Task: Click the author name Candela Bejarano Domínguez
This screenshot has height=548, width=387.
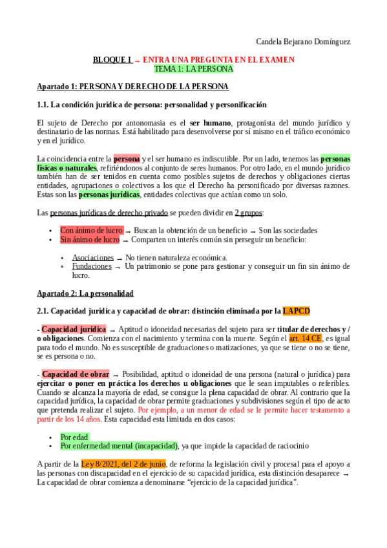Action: point(303,42)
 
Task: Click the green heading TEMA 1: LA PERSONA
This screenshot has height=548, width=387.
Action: point(193,68)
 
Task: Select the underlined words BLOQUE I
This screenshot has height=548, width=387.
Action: point(112,59)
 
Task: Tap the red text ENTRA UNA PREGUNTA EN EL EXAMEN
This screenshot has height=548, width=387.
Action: point(218,59)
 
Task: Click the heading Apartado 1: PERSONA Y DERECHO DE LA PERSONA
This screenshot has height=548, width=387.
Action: point(132,87)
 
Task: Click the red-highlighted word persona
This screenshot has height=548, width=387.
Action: point(127,158)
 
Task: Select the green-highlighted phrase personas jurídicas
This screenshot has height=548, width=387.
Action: point(109,195)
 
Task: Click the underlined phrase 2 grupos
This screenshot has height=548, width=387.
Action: point(249,213)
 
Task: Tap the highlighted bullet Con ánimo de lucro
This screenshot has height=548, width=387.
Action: point(91,230)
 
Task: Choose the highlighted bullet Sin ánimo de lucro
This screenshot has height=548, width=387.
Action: point(90,240)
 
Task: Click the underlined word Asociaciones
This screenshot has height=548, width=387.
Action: point(92,257)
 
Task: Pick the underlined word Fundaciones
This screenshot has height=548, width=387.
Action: point(91,266)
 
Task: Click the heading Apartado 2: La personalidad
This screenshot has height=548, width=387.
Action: point(85,293)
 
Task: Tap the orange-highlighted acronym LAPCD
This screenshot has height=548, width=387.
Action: point(296,311)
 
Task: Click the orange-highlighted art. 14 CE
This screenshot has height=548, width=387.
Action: point(305,338)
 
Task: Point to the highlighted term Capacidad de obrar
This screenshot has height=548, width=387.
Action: point(76,374)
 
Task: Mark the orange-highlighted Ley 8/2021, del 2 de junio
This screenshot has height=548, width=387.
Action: point(123,464)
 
